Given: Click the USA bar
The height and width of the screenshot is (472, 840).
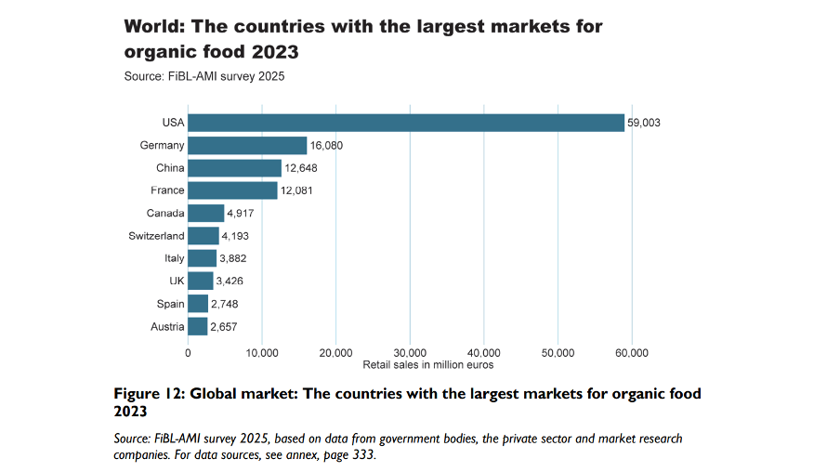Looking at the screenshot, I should (x=405, y=123).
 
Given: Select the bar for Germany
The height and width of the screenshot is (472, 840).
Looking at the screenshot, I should (x=247, y=146).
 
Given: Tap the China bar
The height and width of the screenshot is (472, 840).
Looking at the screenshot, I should (x=234, y=168).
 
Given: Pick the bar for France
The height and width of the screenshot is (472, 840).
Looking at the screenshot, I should (x=232, y=190).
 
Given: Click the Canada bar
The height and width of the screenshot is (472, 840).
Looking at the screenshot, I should (x=205, y=213).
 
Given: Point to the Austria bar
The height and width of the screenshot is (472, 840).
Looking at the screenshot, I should (x=197, y=326).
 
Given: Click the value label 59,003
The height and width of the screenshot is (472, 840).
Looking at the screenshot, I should (x=644, y=124).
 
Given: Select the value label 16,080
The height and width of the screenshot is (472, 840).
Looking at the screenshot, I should (x=327, y=146).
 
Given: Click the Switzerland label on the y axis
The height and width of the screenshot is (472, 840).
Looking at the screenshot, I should (x=156, y=236).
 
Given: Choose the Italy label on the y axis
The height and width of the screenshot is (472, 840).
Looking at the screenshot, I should (x=174, y=258).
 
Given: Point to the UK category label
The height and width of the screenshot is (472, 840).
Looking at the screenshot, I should (x=177, y=281).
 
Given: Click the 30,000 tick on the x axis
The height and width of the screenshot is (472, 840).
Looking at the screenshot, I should (x=410, y=352).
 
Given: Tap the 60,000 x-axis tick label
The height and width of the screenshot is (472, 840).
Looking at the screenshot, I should (x=632, y=352).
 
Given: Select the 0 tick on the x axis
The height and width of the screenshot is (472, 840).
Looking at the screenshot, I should (x=188, y=352).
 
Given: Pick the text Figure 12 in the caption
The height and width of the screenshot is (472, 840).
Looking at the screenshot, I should (x=147, y=394).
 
